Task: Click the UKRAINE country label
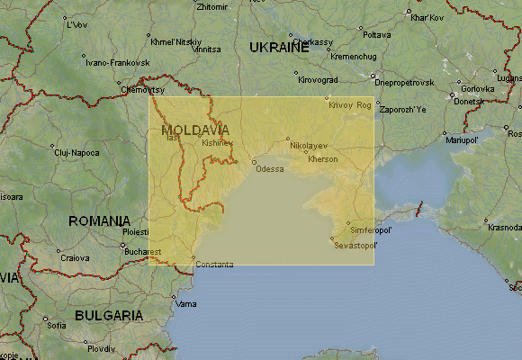coord(279,47)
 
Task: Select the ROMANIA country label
coord(100,220)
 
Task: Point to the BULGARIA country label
coord(108,315)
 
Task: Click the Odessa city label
coord(269,169)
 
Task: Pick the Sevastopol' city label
coord(355,245)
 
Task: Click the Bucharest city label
coord(143,252)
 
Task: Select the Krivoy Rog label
coord(350,104)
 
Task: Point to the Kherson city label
coord(322,159)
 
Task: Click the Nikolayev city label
coord(309,145)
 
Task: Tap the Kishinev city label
coord(217,142)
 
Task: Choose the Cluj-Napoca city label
coord(76,152)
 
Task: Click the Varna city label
coord(185,303)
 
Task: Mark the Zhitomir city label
coord(211,7)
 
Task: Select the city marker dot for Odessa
coord(254,162)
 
